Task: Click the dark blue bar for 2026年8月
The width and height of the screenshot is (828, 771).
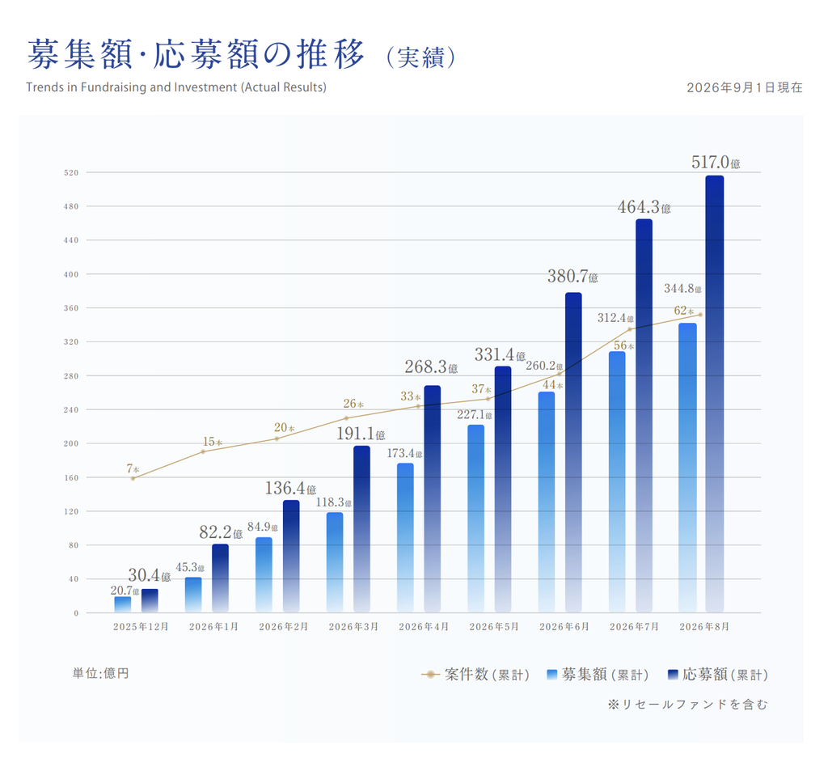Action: coord(715,394)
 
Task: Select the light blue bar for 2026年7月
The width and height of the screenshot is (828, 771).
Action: coord(617,482)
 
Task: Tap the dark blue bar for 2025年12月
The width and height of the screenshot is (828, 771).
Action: coord(150,601)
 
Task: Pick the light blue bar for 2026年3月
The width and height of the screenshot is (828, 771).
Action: coord(335,562)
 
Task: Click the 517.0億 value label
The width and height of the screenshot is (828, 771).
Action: coord(716,163)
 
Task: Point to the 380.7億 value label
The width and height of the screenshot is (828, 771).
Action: coord(572,277)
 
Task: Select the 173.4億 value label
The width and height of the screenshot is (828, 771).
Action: coord(404,453)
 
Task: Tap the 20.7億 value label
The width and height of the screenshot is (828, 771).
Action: coord(125,591)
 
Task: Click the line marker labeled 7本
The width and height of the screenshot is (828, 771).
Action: coord(133,478)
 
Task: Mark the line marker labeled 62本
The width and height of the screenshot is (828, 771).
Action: coord(701,315)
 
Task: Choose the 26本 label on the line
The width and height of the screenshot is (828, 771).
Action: coord(353,404)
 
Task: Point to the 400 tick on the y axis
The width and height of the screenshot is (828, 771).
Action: coord(71,274)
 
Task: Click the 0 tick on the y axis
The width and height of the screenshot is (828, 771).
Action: coord(76,613)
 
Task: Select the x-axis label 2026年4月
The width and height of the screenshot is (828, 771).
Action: coord(424,627)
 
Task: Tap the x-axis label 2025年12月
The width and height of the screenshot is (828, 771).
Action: coord(141,627)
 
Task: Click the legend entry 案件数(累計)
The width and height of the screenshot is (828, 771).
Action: coord(475,674)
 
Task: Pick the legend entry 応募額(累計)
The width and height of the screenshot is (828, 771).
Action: coord(718,674)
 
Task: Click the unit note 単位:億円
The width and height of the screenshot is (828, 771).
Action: coord(101,673)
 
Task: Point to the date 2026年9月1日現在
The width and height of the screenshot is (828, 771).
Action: coord(745,87)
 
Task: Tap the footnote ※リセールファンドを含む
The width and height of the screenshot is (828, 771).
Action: coord(687,705)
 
